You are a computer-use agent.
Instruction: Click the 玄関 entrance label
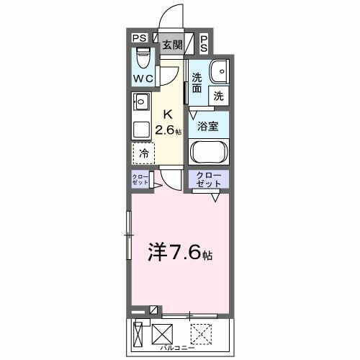171,44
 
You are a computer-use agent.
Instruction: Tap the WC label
142,78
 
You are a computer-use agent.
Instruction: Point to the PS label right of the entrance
204,43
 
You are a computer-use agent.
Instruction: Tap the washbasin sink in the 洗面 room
219,71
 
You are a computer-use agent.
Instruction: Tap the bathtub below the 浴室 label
208,152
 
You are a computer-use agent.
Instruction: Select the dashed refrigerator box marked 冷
143,153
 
